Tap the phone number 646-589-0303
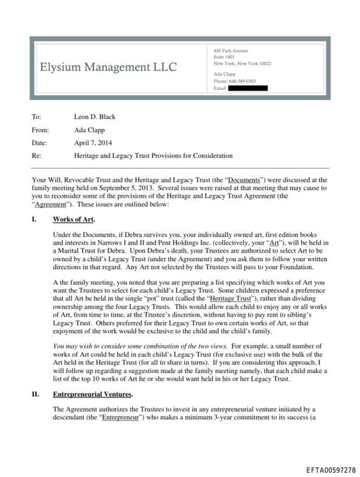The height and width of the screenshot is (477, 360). (x=246, y=81)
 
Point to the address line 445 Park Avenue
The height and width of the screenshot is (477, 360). (x=231, y=51)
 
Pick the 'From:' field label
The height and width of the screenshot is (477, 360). (x=40, y=129)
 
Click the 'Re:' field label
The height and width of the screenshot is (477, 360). (x=37, y=155)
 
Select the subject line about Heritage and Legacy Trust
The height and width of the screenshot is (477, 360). (x=153, y=155)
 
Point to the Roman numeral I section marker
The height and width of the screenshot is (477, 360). (x=34, y=220)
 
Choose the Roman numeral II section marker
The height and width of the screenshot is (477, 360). (x=35, y=394)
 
